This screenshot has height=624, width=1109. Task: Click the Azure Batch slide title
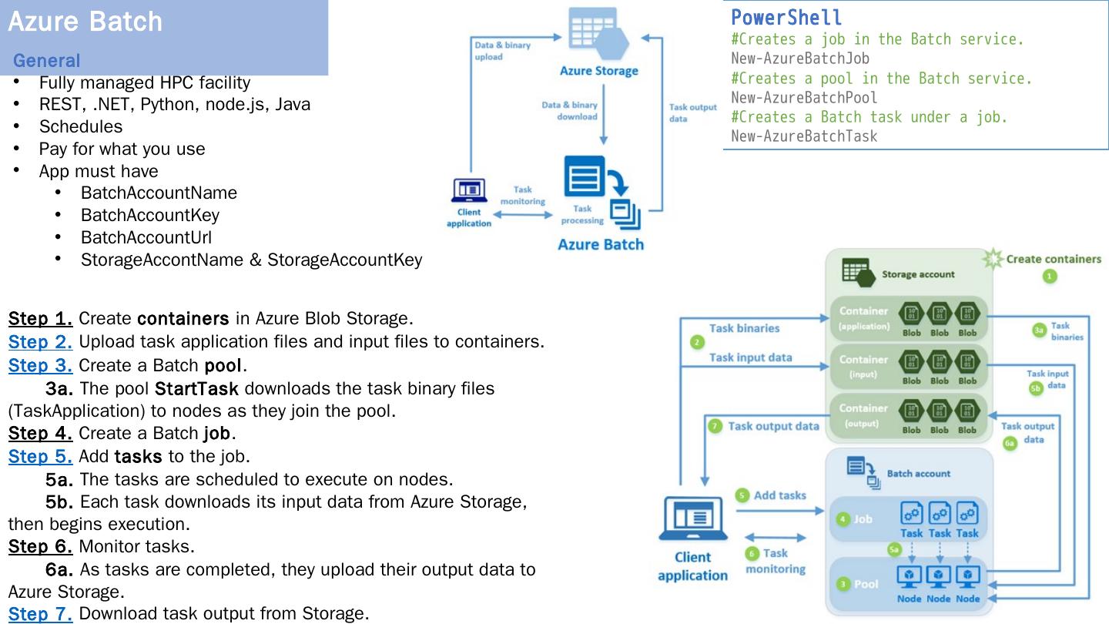(85, 22)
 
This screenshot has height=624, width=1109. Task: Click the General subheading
(46, 60)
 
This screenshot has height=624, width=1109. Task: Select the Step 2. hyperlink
(40, 341)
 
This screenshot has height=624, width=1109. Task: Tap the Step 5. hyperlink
(40, 456)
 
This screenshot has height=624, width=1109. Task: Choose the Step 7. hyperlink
(40, 614)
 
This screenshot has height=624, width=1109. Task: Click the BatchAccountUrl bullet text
(146, 237)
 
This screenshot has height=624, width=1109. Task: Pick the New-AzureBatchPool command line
(803, 98)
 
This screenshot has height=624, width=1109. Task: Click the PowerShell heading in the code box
(786, 18)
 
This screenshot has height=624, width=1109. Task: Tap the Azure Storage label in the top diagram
(599, 71)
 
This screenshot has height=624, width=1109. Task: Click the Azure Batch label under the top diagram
(600, 245)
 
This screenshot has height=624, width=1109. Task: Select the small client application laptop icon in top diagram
(468, 190)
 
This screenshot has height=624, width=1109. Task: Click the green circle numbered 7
(715, 425)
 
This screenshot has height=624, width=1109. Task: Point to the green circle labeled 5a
(894, 549)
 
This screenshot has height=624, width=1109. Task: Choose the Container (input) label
(863, 366)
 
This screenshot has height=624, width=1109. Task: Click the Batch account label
(918, 474)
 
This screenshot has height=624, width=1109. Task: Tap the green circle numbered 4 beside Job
(843, 519)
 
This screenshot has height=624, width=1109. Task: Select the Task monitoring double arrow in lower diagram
(776, 538)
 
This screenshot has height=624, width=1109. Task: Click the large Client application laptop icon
(692, 518)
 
